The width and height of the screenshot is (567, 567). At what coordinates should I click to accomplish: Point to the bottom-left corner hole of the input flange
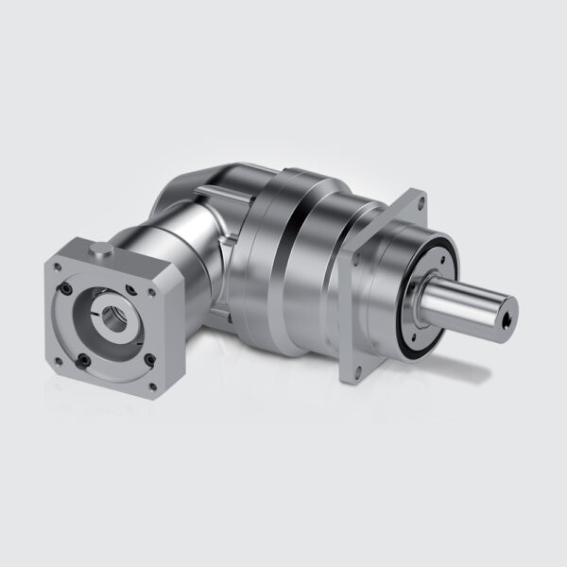click(x=59, y=361)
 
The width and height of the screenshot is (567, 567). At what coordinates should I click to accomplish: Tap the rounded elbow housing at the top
click(x=213, y=184)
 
